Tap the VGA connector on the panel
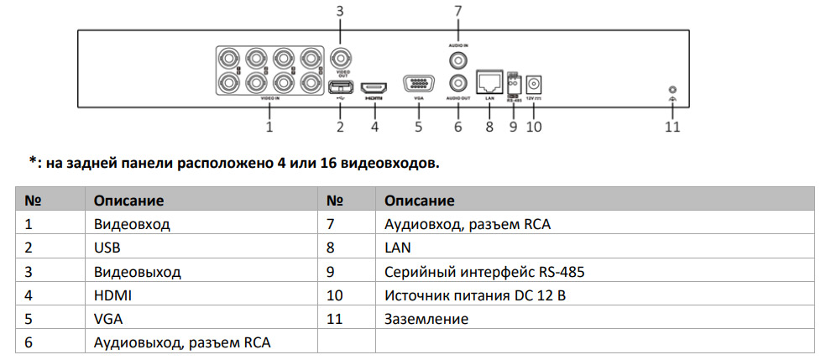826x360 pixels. click(x=419, y=85)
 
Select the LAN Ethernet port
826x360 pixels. click(x=489, y=82)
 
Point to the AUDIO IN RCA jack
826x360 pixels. click(x=458, y=60)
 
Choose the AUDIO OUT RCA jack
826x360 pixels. click(x=458, y=83)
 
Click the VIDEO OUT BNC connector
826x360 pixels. click(x=340, y=59)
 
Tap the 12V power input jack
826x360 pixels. click(x=532, y=84)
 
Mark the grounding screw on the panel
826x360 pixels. click(x=671, y=90)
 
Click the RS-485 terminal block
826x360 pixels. click(x=512, y=83)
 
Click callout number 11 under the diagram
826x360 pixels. click(x=672, y=128)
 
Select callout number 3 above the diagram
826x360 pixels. click(x=339, y=11)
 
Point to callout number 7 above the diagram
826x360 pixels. click(x=457, y=11)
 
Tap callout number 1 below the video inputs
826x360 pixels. click(x=269, y=128)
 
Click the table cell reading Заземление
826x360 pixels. click(x=426, y=319)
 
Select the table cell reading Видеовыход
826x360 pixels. click(x=138, y=272)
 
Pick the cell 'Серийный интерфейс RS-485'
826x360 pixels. click(x=484, y=272)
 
